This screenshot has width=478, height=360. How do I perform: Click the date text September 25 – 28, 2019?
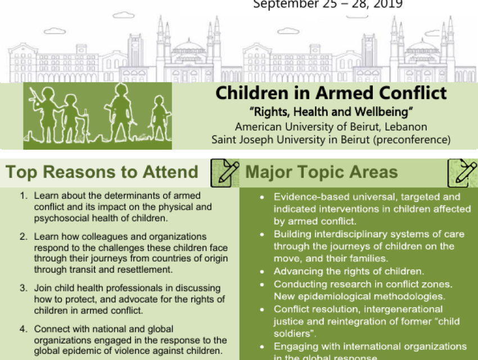click(x=327, y=4)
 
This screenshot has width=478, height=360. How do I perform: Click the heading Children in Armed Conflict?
click(x=331, y=93)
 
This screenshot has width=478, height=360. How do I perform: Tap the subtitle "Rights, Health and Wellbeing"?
click(x=331, y=112)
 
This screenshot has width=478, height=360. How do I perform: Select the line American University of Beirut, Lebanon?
click(x=331, y=127)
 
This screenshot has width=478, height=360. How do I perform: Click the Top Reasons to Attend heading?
click(x=102, y=172)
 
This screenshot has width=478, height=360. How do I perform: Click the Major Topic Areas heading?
click(x=322, y=172)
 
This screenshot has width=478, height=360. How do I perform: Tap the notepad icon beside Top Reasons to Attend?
click(x=224, y=173)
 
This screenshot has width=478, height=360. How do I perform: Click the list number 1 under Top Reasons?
click(x=24, y=197)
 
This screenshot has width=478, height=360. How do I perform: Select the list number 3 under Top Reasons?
click(x=24, y=288)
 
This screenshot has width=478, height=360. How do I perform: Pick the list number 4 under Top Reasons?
click(x=24, y=328)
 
